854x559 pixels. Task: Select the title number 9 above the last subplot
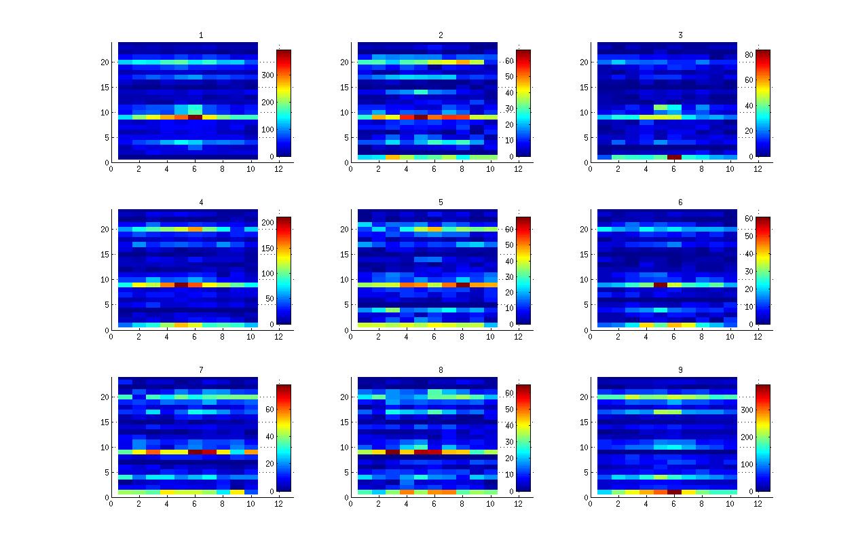click(680, 369)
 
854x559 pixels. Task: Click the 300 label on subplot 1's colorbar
click(269, 75)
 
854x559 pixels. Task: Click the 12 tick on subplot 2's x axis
click(518, 169)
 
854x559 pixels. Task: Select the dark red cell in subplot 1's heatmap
click(195, 117)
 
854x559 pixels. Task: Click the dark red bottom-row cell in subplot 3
click(674, 157)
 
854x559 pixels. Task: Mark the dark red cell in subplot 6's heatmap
click(660, 285)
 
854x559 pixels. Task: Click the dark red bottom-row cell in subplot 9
click(674, 492)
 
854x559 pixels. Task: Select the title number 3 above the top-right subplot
click(680, 35)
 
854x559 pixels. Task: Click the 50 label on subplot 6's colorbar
click(748, 236)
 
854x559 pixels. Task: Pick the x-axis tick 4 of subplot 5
click(406, 337)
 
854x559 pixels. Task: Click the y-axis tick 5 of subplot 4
click(107, 305)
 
